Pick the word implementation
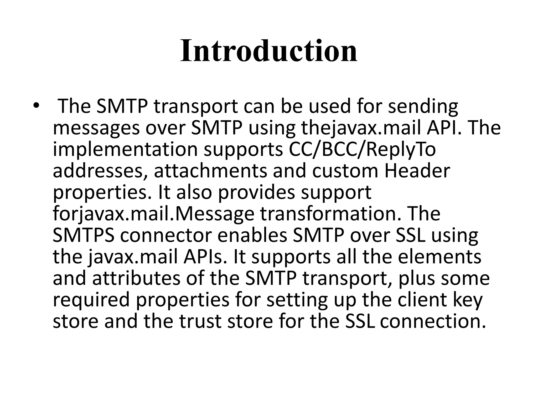pyautogui.click(x=125, y=150)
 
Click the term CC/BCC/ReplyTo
pyautogui.click(x=362, y=150)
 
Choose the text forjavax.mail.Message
pyautogui.click(x=153, y=214)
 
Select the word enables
pyautogui.click(x=252, y=236)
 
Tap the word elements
pyautogui.click(x=439, y=257)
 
